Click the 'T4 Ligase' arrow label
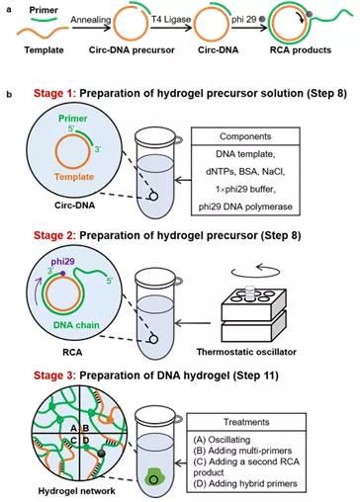171,20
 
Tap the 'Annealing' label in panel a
91,20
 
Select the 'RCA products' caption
301,50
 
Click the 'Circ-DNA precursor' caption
132,50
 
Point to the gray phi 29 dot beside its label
262,20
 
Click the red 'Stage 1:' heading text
54,94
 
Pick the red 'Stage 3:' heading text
54,376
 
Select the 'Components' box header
245,136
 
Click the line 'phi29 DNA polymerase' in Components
245,207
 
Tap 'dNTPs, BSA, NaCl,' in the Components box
245,172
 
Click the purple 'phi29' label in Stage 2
62,262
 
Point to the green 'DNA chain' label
76,325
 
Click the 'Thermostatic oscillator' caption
246,352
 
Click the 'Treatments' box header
246,422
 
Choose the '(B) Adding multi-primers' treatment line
242,451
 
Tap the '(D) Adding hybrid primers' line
245,483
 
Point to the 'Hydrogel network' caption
77,491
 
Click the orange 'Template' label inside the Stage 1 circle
74,177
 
